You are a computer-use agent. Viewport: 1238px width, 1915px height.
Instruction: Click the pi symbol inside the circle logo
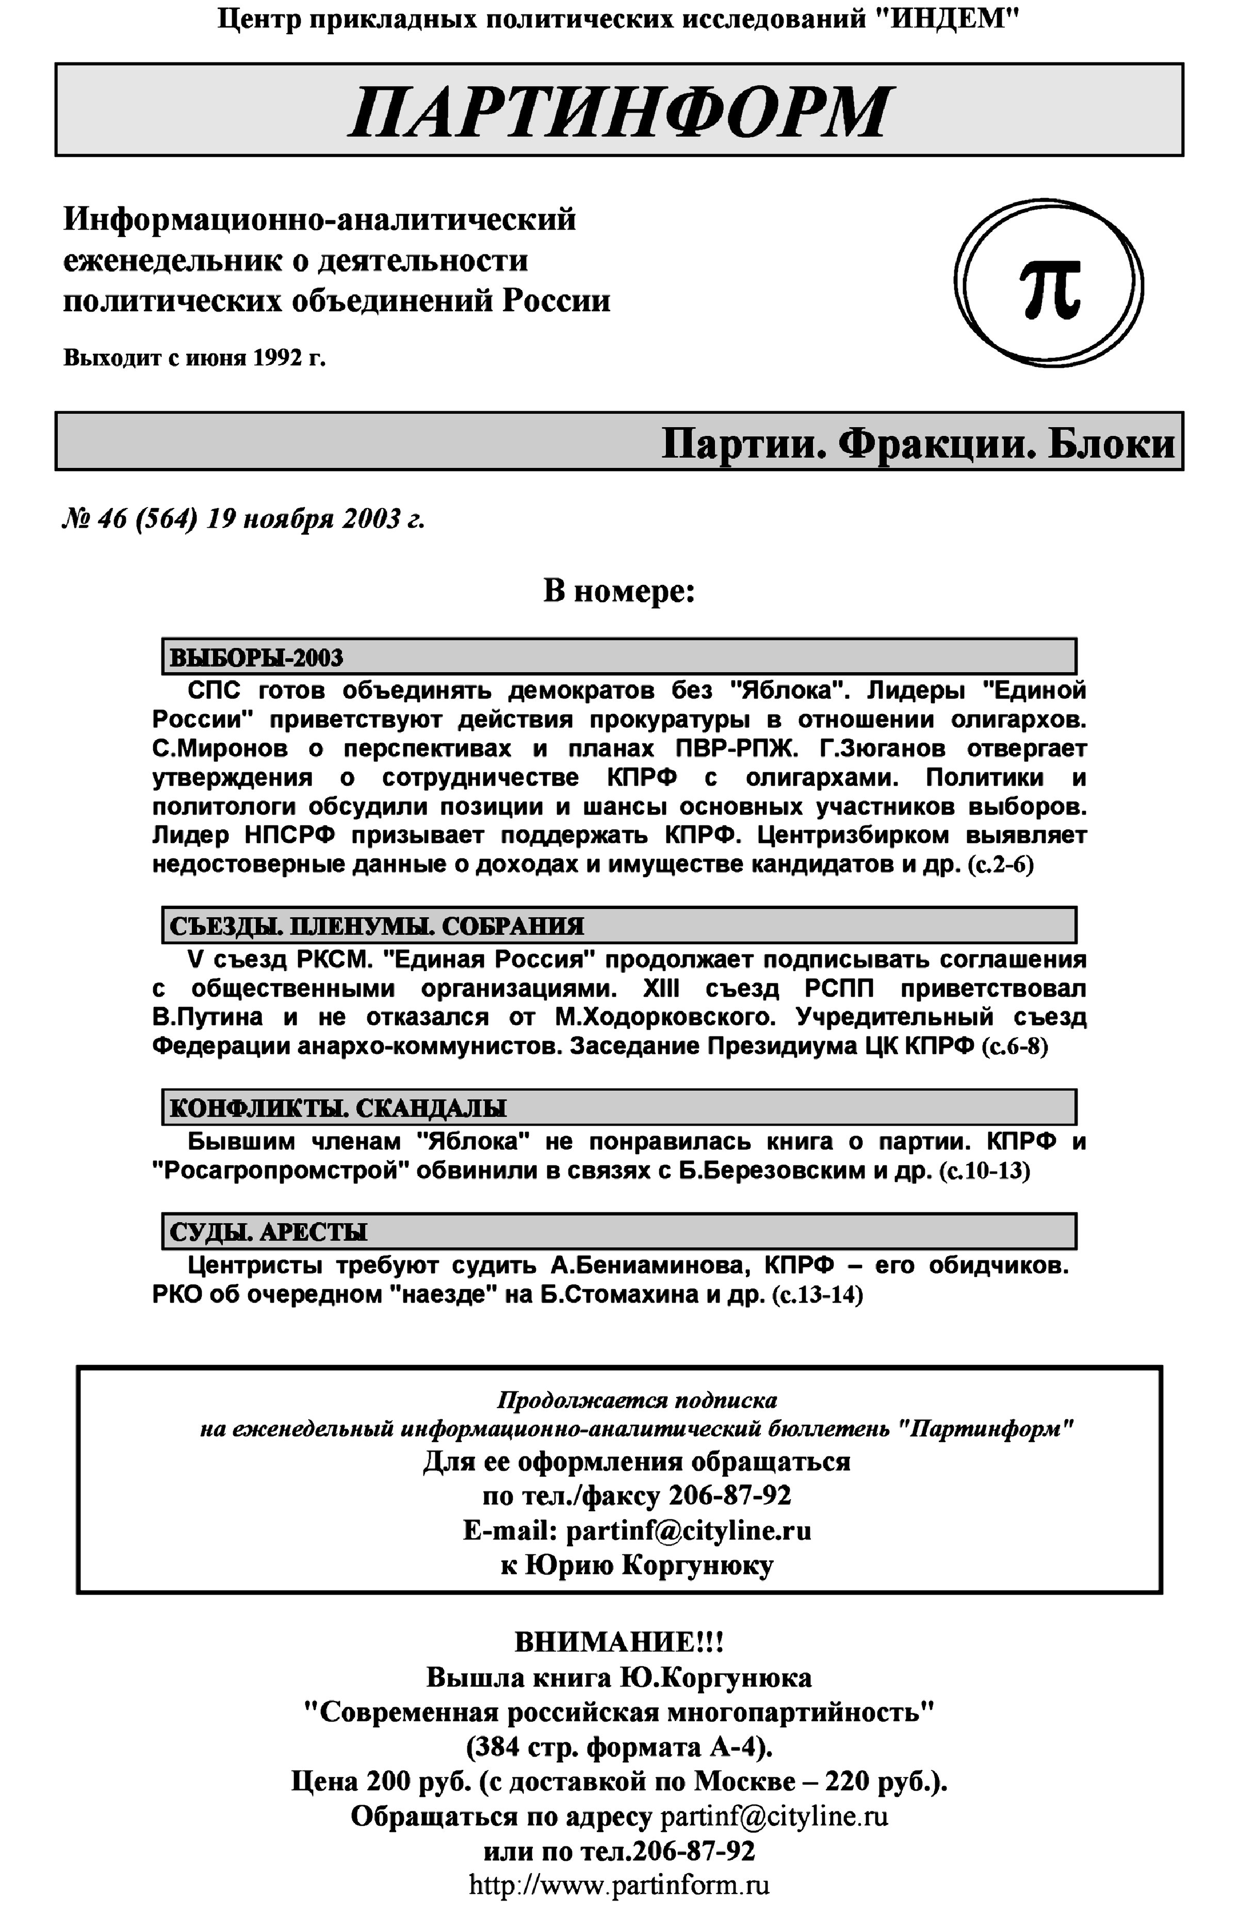[1050, 288]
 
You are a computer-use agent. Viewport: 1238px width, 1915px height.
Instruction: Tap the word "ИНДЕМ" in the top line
[947, 18]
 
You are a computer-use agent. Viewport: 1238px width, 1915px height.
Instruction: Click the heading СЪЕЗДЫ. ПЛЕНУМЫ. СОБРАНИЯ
[376, 926]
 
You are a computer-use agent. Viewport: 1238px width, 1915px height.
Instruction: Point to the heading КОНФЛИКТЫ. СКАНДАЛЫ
[338, 1109]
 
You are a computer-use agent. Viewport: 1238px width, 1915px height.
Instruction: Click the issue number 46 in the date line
[112, 520]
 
